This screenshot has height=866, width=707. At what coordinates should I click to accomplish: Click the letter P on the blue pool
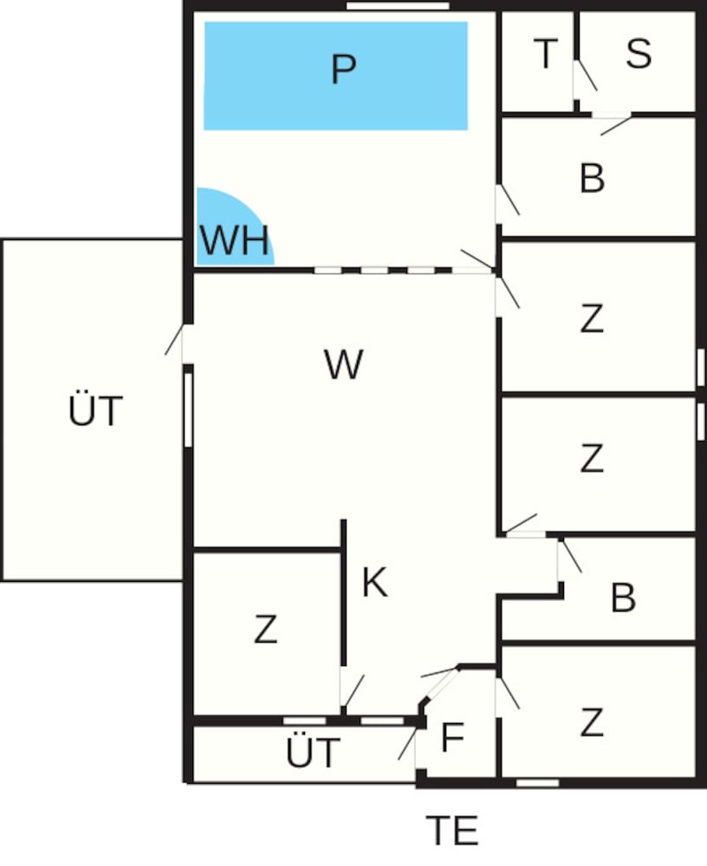coord(343,69)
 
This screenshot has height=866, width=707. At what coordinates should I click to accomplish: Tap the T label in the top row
coord(546,54)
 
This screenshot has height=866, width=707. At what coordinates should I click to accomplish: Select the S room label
coord(639,54)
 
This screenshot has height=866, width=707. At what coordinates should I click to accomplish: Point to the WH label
coord(235,240)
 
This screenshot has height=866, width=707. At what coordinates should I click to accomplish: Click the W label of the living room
coord(343,364)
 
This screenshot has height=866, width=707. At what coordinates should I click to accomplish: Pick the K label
coord(375,582)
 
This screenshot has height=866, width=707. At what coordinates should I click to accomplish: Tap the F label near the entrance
coord(452,737)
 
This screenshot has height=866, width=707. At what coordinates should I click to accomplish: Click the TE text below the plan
coord(451,830)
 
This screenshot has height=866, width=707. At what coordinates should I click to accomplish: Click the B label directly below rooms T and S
coord(592,178)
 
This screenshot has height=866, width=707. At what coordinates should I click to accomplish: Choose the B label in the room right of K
coord(623,598)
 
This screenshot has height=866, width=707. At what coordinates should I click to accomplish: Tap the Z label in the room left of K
coord(265,629)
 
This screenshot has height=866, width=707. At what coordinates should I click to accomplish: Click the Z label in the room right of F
coord(592,722)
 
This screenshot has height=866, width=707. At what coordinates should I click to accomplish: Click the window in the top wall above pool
coord(398,5)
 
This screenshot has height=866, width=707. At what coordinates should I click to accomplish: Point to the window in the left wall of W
coord(189,410)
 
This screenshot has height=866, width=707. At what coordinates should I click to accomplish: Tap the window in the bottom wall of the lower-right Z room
coord(537,783)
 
